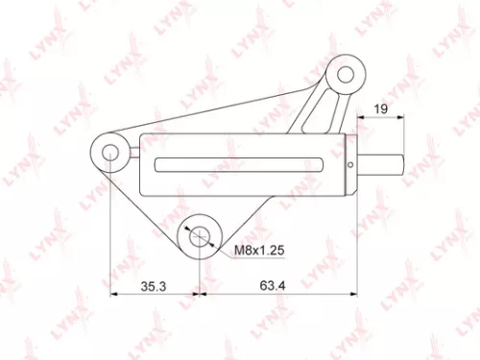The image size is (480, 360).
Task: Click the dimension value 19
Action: [381, 109]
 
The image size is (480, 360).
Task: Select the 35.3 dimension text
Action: [156, 285]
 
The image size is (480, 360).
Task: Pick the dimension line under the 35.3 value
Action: [158, 292]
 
